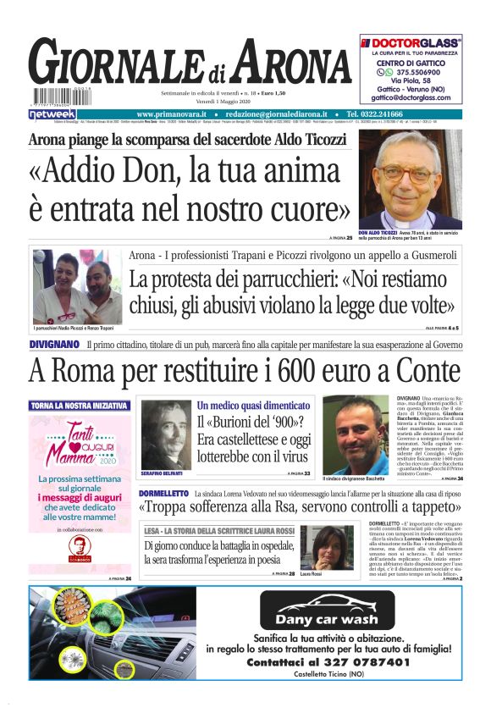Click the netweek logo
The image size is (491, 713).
pyautogui.click(x=52, y=113)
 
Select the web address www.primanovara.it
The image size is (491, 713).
pyautogui.click(x=172, y=113)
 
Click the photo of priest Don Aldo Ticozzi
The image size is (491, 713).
pyautogui.click(x=410, y=180)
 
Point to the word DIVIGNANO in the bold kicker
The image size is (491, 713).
pyautogui.click(x=55, y=345)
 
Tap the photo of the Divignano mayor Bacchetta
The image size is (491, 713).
pyautogui.click(x=360, y=435)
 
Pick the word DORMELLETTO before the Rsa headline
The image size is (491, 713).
pyautogui.click(x=163, y=493)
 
